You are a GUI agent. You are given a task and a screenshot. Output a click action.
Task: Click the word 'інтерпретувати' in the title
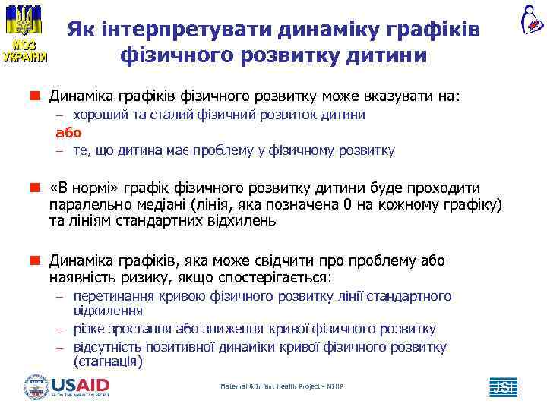pos(166,30)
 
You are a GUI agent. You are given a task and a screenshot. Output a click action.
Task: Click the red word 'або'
pos(68,132)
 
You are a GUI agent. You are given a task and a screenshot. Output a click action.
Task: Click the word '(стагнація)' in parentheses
pos(108,361)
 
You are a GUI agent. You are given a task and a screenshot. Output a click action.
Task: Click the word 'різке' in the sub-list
pos(89,329)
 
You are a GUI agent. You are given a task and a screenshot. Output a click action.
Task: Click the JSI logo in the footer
pos(503,387)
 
